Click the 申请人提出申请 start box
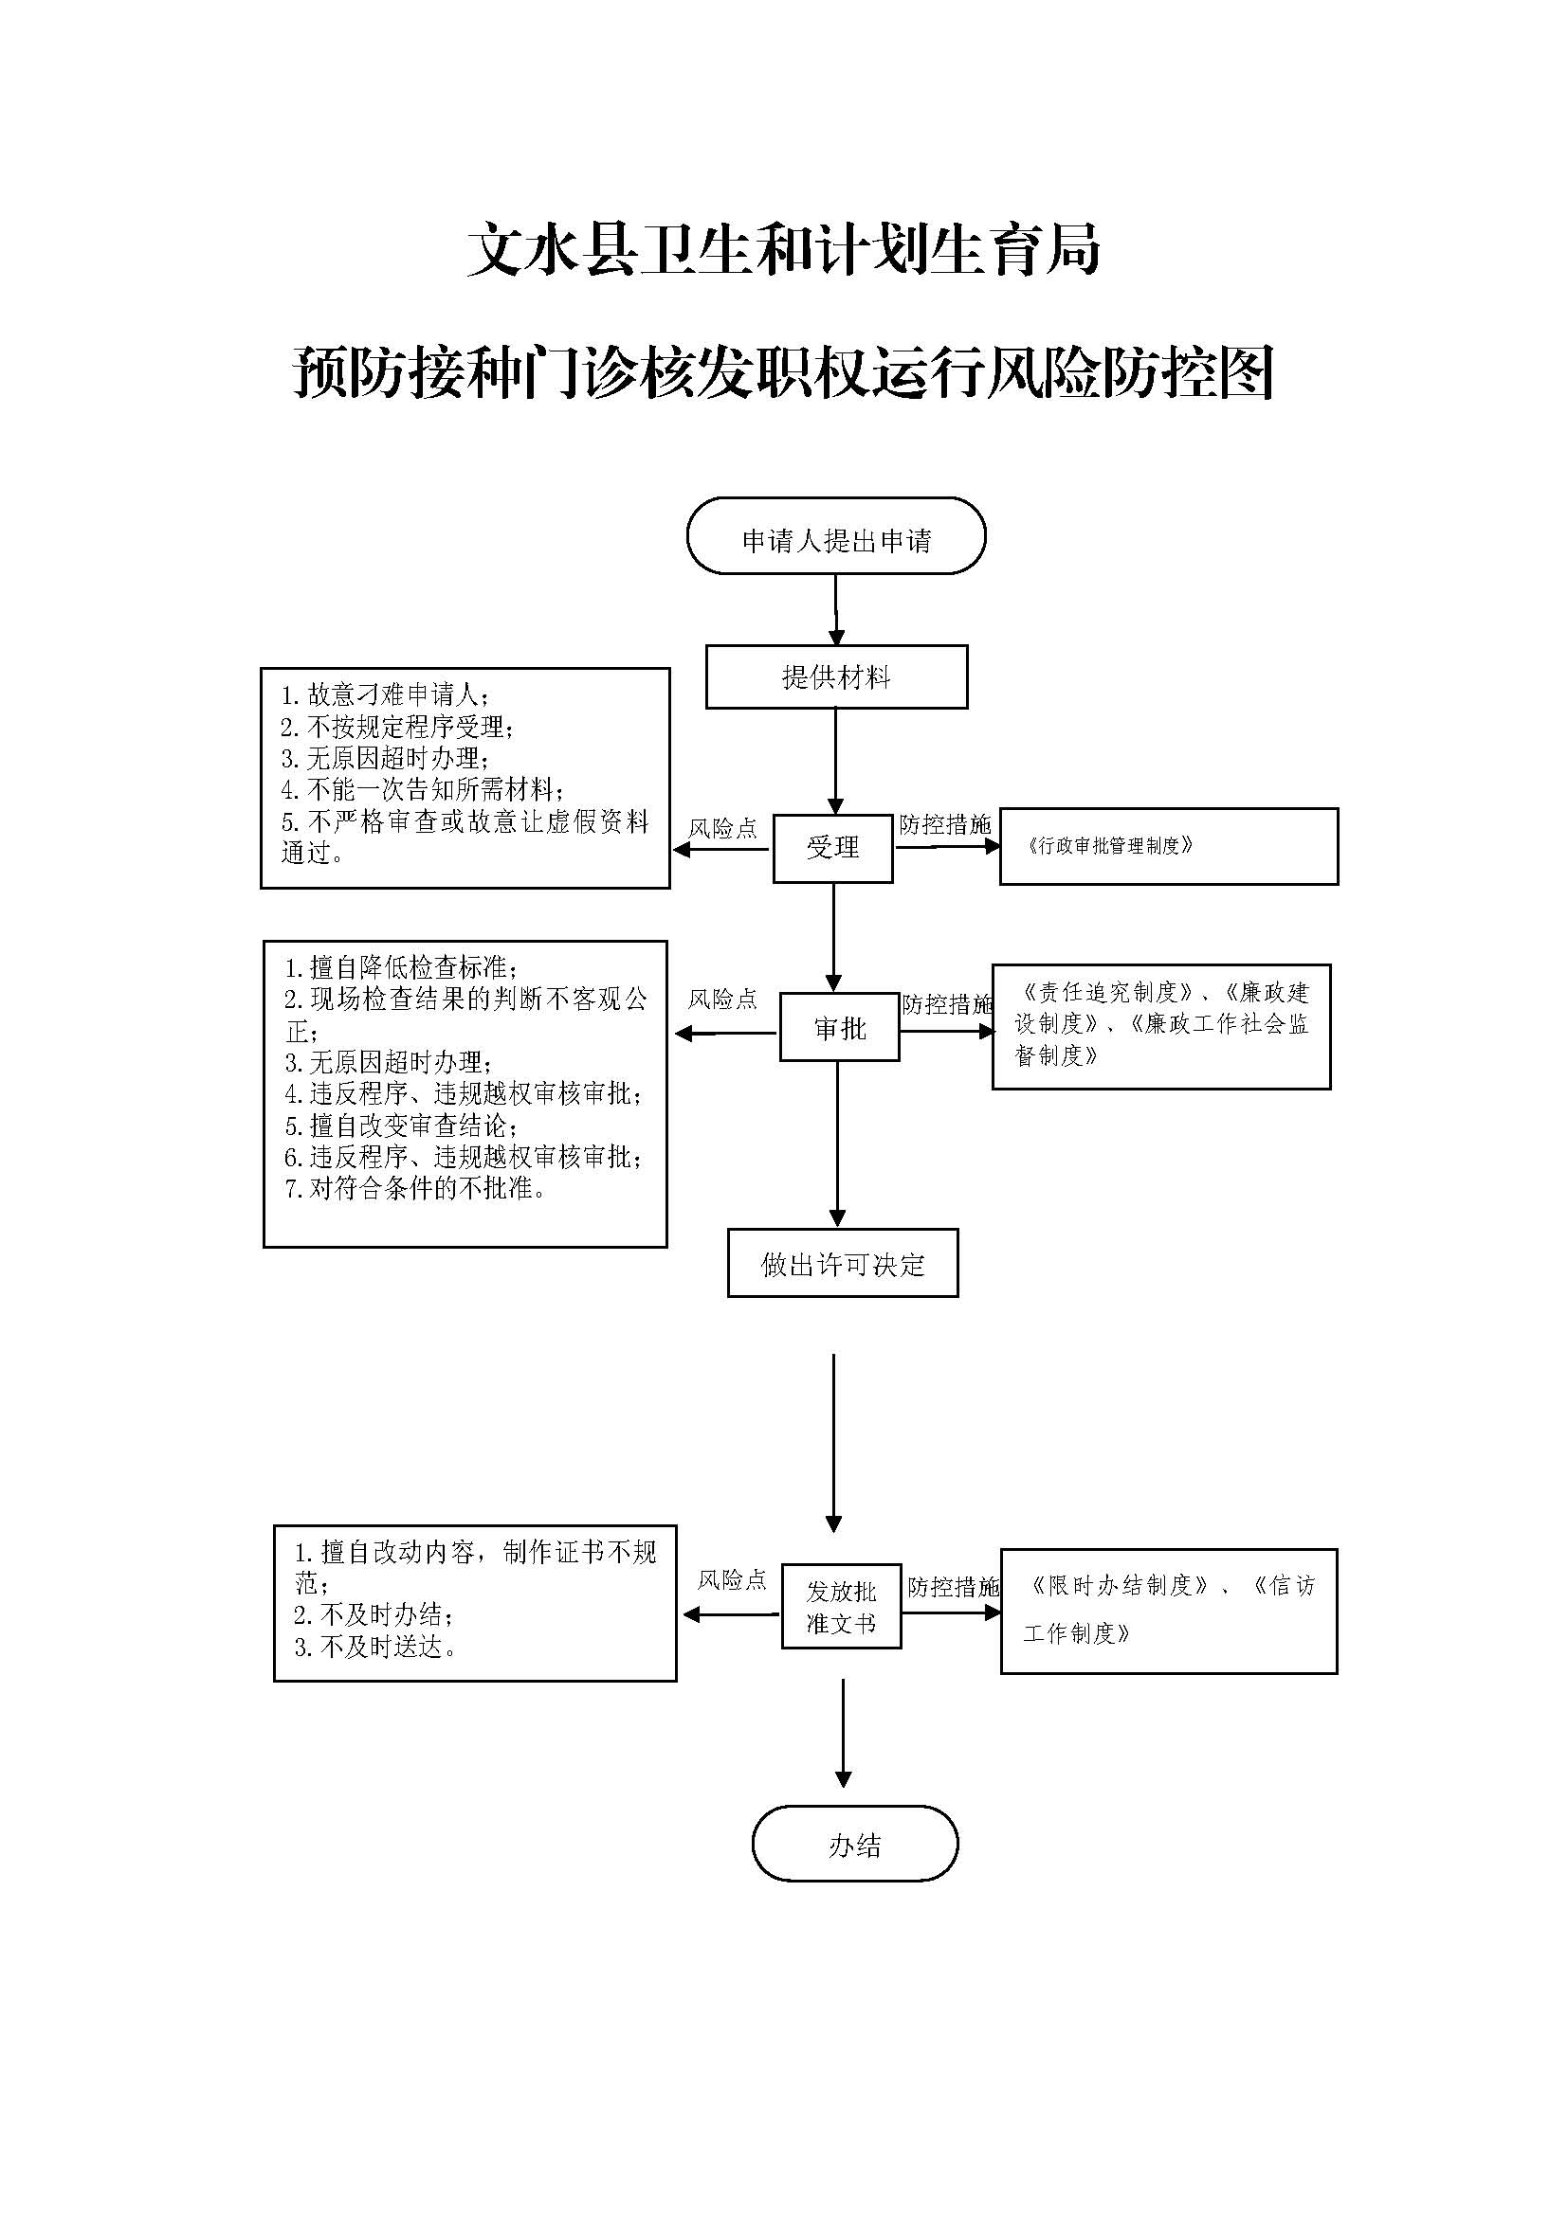point(835,536)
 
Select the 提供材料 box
point(835,676)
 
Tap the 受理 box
point(832,847)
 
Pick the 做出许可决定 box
point(842,1264)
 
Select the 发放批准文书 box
point(840,1607)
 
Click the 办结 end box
point(854,1846)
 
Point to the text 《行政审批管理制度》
point(1109,846)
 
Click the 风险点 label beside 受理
point(722,828)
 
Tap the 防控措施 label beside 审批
point(946,1004)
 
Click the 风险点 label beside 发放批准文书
point(732,1580)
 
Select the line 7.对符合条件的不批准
point(416,1189)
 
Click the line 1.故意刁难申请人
point(384,694)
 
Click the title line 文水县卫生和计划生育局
point(783,250)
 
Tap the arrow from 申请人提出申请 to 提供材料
point(835,609)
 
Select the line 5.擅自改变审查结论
point(401,1126)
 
